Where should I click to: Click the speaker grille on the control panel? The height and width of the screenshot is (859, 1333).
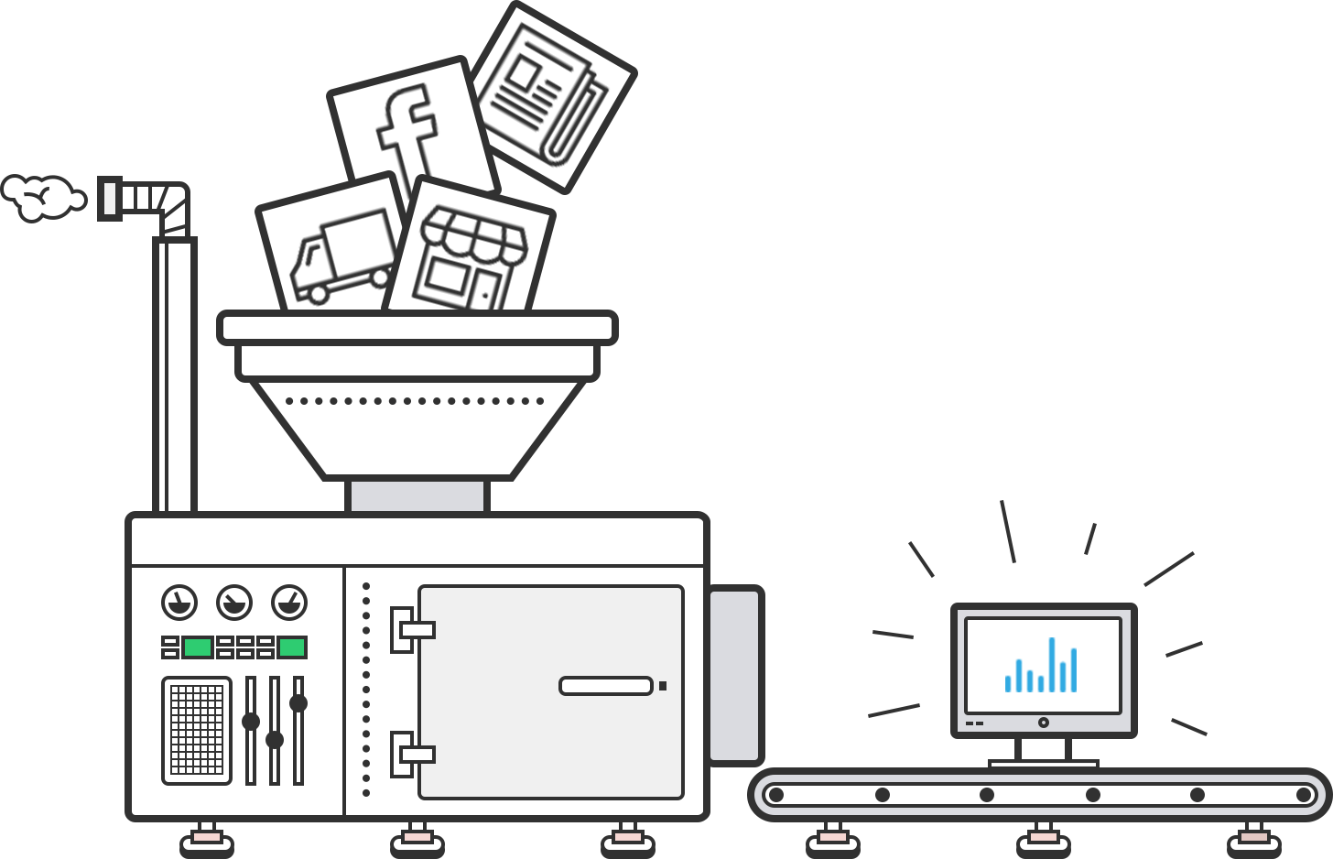tap(197, 730)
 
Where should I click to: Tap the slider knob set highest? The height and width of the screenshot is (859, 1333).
tap(298, 703)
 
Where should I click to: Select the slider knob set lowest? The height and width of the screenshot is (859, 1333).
tap(275, 739)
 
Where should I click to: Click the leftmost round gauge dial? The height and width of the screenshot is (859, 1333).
tap(179, 603)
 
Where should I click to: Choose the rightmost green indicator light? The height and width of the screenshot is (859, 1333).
tap(292, 647)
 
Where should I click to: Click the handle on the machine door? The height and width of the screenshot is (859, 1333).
tap(606, 686)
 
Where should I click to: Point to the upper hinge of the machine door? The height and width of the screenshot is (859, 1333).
tap(410, 629)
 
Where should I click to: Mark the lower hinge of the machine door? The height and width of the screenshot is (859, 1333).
tap(410, 755)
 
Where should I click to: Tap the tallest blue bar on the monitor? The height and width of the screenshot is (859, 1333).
tap(1052, 664)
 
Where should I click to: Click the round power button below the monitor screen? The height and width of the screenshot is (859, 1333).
tap(1044, 723)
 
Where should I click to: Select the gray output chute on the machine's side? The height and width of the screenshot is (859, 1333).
tap(735, 675)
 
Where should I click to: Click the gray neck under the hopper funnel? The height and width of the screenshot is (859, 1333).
tap(417, 495)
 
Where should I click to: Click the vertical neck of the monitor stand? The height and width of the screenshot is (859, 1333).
tap(1044, 748)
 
